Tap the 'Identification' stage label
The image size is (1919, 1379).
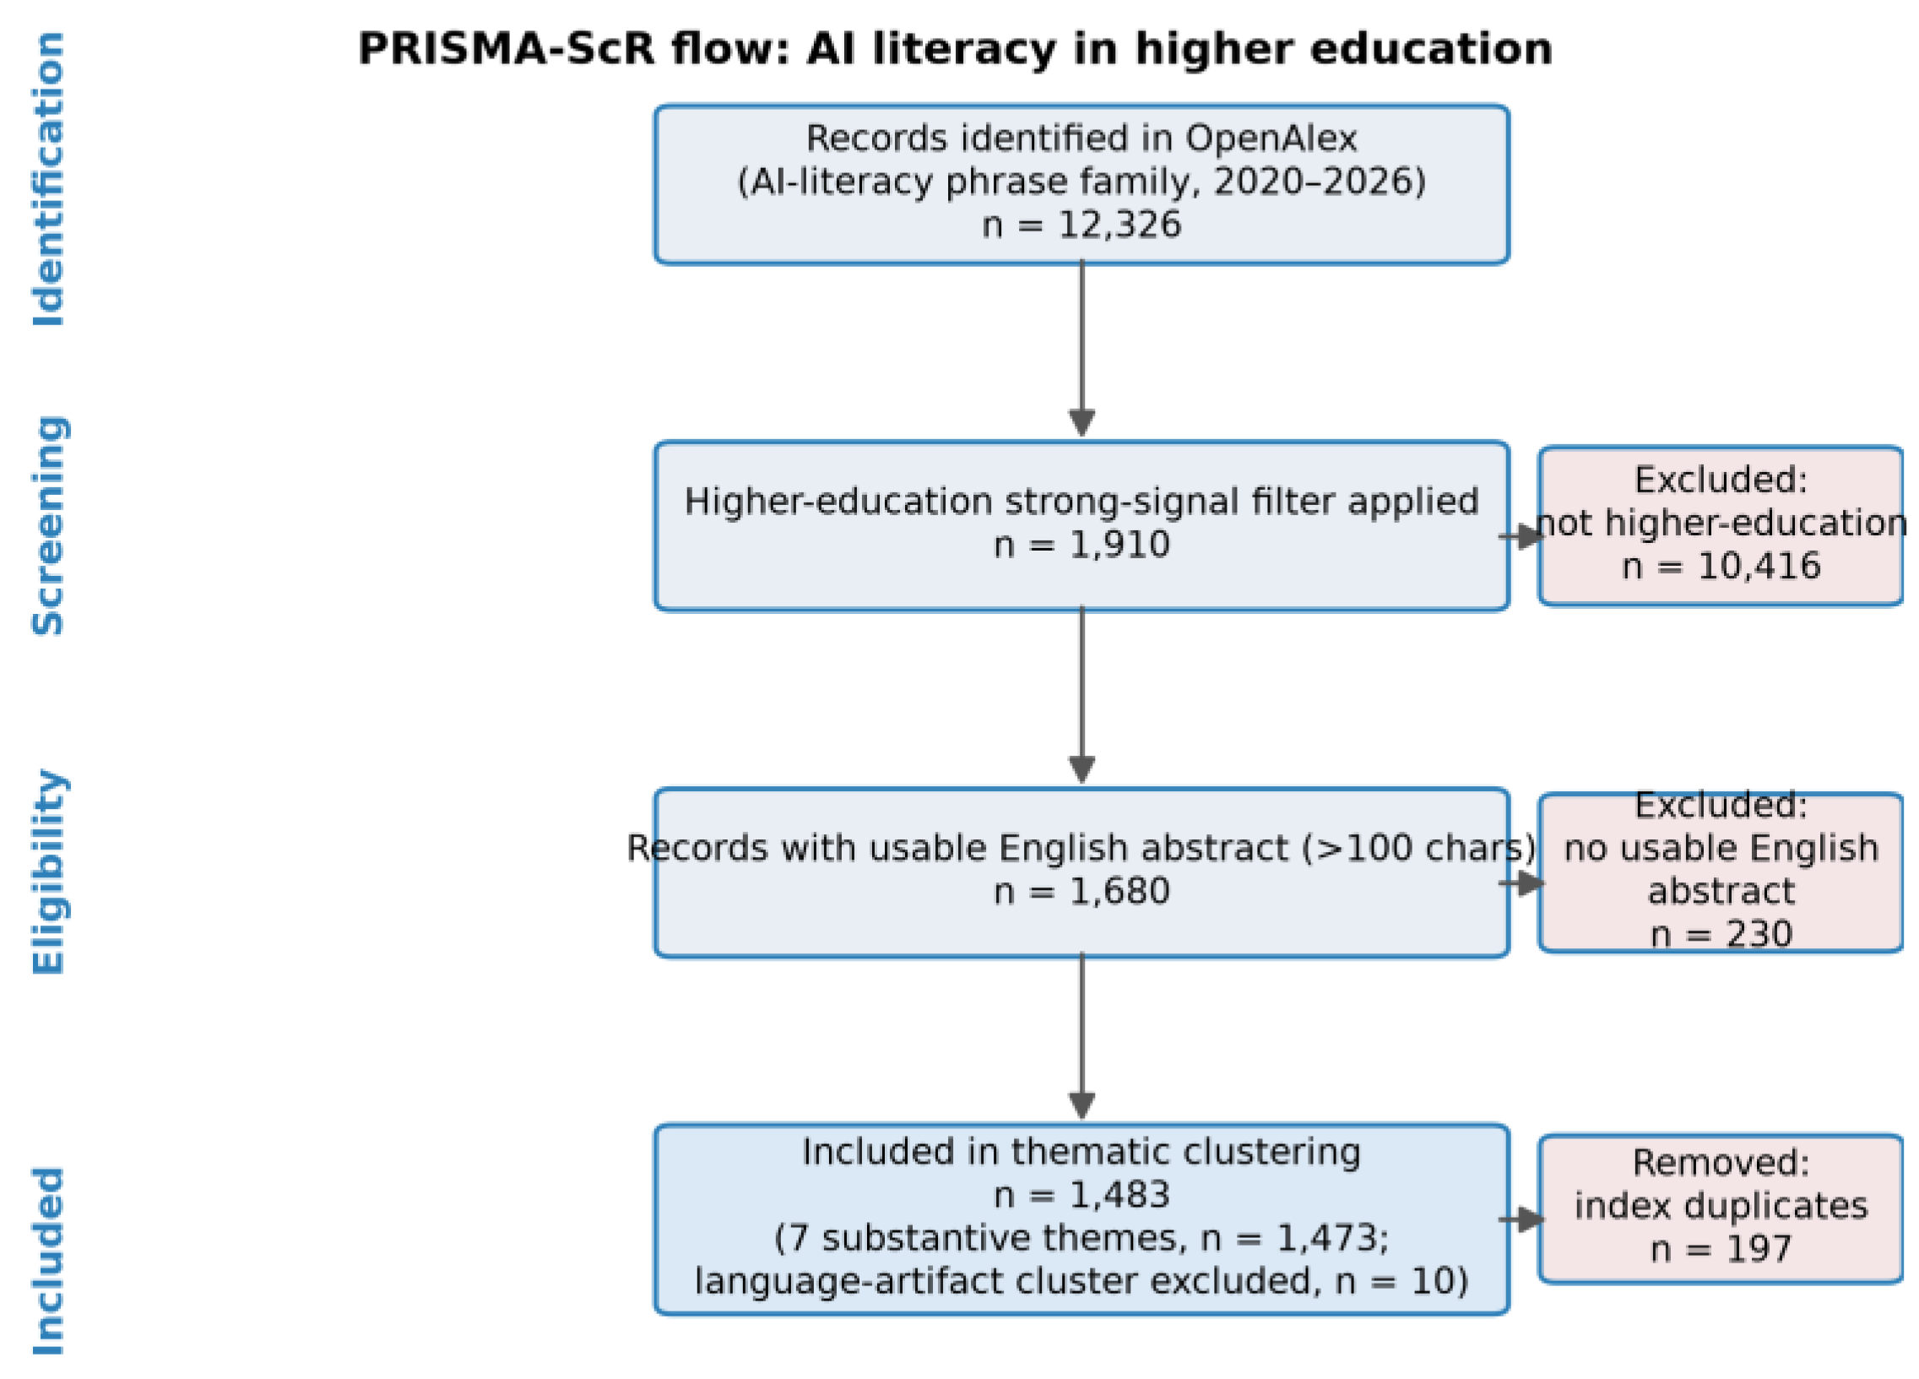click(x=48, y=179)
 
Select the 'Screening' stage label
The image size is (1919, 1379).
click(x=48, y=527)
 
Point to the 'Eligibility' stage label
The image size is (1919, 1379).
click(x=48, y=873)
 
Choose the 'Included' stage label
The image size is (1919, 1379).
click(x=48, y=1262)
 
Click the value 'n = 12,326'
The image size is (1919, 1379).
click(x=1081, y=225)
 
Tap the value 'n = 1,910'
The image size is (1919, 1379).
click(x=1081, y=545)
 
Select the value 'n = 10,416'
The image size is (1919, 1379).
click(x=1721, y=567)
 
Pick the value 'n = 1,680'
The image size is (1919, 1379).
click(x=1081, y=892)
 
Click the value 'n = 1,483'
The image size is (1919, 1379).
click(x=1081, y=1195)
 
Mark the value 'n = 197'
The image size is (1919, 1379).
click(x=1721, y=1250)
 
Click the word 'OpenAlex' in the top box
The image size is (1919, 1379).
click(x=1271, y=138)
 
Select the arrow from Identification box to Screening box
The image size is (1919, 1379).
click(x=1081, y=349)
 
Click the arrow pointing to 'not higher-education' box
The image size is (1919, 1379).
click(x=1521, y=536)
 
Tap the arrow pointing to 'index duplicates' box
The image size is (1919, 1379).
click(x=1521, y=1220)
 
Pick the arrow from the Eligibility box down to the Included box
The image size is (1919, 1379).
click(x=1081, y=1035)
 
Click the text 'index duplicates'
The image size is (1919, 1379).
click(x=1721, y=1206)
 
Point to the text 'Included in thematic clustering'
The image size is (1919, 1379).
click(x=1081, y=1152)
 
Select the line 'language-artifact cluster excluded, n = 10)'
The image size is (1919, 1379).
click(x=1081, y=1282)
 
